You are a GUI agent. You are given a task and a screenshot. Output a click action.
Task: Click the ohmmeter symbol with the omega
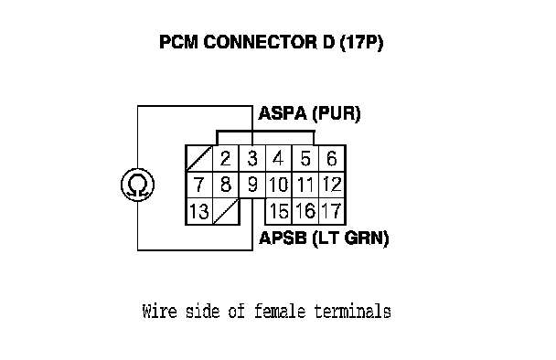point(137,185)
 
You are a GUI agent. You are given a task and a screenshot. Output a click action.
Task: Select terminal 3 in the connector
point(252,158)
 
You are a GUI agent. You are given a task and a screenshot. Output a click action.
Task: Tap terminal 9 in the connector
point(252,185)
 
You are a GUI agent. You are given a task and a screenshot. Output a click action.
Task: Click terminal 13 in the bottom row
point(199,212)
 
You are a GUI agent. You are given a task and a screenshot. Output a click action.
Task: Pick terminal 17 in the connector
point(332,212)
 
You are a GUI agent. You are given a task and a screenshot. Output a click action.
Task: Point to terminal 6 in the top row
point(332,158)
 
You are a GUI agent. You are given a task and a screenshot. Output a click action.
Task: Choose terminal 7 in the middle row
point(199,185)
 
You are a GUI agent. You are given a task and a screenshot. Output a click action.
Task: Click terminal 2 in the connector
point(226,158)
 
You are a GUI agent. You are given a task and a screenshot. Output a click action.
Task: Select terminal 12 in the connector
point(332,185)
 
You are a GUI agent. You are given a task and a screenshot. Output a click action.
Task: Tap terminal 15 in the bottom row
point(279,212)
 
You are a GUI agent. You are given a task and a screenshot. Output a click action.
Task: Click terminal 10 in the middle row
point(279,185)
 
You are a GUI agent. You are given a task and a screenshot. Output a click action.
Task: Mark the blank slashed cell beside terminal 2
point(199,158)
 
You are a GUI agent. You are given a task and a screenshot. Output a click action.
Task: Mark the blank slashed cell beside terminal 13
point(226,212)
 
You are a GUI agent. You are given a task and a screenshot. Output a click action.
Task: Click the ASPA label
point(283,113)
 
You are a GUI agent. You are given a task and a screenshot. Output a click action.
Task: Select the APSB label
point(283,238)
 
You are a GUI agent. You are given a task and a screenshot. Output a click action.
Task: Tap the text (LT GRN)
point(350,238)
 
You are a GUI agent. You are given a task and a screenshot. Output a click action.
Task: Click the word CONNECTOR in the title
point(260,42)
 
